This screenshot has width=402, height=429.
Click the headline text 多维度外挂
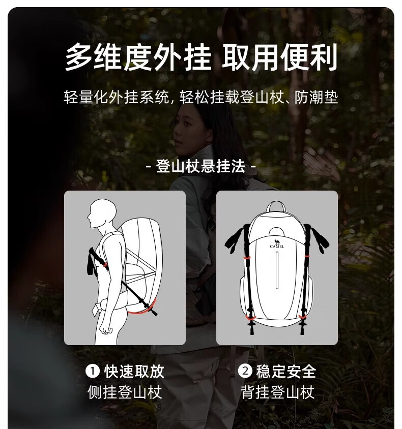pyautogui.click(x=138, y=57)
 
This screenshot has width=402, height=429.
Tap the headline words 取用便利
pyautogui.click(x=279, y=57)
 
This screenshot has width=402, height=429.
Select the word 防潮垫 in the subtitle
pyautogui.click(x=317, y=98)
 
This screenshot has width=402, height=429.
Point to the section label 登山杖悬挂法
pyautogui.click(x=200, y=166)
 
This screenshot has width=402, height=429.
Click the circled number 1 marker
pyautogui.click(x=93, y=371)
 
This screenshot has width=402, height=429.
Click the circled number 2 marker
pyautogui.click(x=245, y=371)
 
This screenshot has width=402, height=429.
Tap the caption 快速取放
pyautogui.click(x=134, y=371)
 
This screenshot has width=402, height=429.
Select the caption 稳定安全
pyautogui.click(x=286, y=371)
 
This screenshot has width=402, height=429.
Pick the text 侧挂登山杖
pyautogui.click(x=125, y=392)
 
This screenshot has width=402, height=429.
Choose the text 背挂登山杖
pyautogui.click(x=277, y=392)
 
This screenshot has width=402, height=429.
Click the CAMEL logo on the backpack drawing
pyautogui.click(x=277, y=243)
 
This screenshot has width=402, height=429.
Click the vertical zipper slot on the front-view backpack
pyautogui.click(x=277, y=270)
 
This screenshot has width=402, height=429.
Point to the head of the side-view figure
pyautogui.click(x=102, y=213)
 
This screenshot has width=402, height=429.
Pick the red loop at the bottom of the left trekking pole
pyautogui.click(x=250, y=318)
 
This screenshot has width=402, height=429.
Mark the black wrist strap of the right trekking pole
pyautogui.click(x=319, y=238)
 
